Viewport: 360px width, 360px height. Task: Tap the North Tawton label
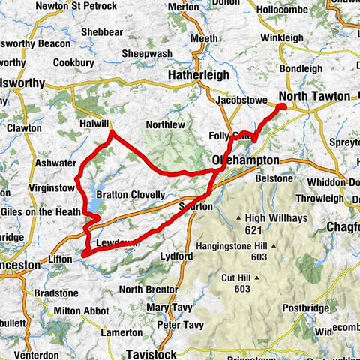click(313, 96)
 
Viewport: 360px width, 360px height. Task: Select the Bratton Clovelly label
click(130, 195)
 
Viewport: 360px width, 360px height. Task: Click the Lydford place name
click(177, 256)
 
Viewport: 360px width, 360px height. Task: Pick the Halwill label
click(94, 124)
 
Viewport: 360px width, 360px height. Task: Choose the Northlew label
click(164, 124)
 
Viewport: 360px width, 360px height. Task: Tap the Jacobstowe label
click(241, 99)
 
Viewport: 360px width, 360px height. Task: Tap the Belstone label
click(274, 178)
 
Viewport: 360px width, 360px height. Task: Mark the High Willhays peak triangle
click(239, 218)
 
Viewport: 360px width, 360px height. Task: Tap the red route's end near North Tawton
click(283, 107)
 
